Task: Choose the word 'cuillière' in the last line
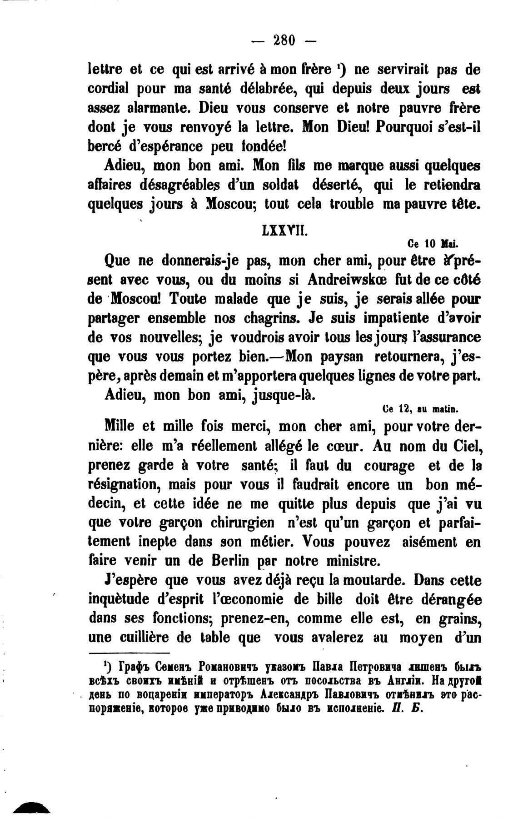click(144, 638)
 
